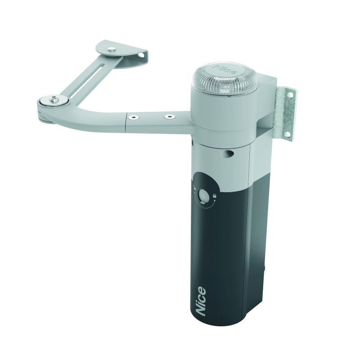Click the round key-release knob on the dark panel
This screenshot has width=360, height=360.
204,195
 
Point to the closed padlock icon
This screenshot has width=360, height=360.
215,196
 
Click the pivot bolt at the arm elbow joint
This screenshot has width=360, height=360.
54,99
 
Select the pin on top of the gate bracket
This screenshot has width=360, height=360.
112,49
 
